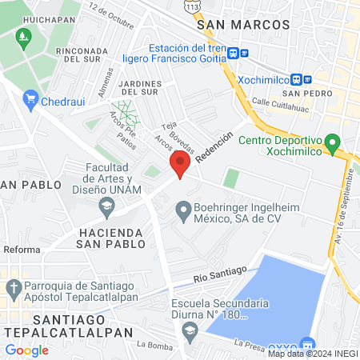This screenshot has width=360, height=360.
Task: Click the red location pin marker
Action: (180, 166)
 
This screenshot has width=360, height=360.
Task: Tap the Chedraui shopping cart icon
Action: (31, 99)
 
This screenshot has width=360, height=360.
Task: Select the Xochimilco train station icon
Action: (297, 80)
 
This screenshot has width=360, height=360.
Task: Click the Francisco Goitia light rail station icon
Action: (233, 54)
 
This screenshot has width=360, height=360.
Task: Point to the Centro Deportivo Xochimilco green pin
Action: (334, 144)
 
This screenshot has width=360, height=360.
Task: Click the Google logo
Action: (27, 350)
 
